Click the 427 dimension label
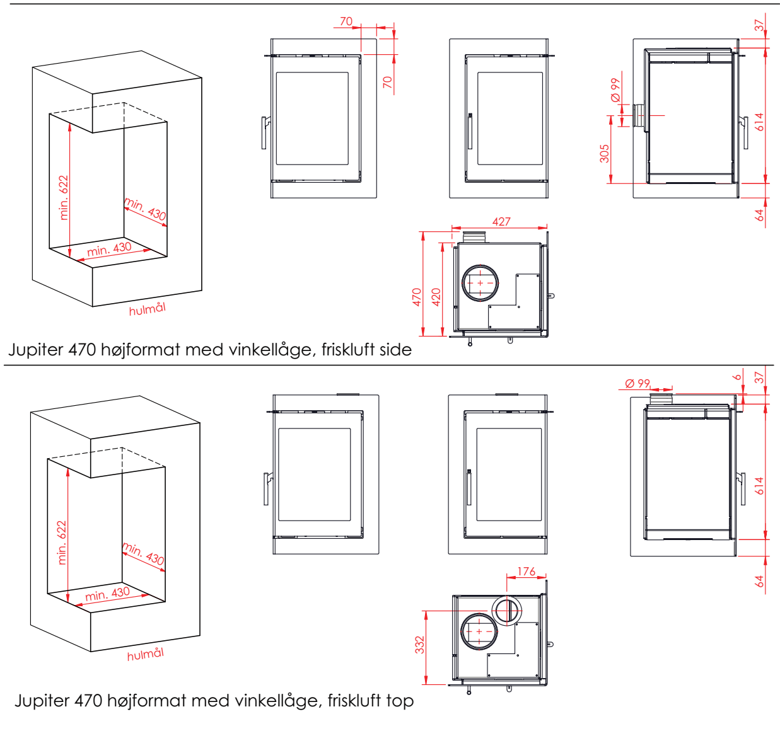click(x=501, y=221)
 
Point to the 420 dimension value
click(x=436, y=297)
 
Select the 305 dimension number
click(x=605, y=153)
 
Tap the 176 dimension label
click(x=526, y=572)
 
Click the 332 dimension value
click(x=420, y=645)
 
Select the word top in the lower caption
click(x=400, y=700)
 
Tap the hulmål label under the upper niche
click(x=147, y=309)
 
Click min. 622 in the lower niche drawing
click(x=61, y=542)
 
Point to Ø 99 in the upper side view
click(x=615, y=90)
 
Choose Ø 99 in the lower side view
click(x=637, y=383)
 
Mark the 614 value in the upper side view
click(x=759, y=122)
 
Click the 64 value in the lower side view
click(x=759, y=580)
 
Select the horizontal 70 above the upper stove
click(x=346, y=21)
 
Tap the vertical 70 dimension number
click(x=387, y=81)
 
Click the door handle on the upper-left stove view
click(x=265, y=132)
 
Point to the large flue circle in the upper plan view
click(x=480, y=283)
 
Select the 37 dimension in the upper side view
click(x=759, y=25)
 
